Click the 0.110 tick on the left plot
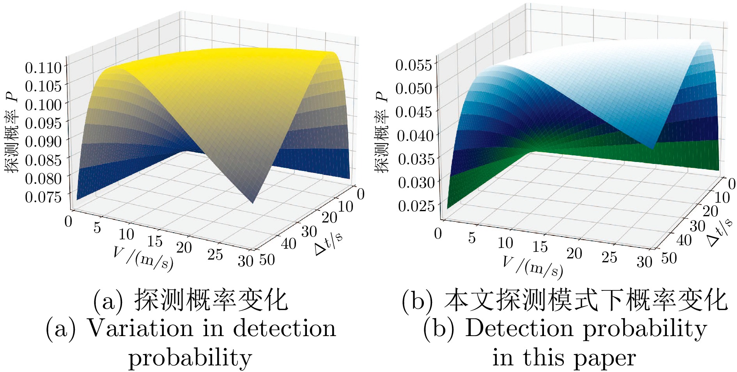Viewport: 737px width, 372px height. pyautogui.click(x=44, y=68)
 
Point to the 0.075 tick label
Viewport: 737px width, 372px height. pyautogui.click(x=44, y=197)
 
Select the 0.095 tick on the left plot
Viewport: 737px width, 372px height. pyautogui.click(x=44, y=123)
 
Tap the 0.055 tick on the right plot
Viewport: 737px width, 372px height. pyautogui.click(x=414, y=65)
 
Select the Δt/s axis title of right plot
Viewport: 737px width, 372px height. pyautogui.click(x=720, y=233)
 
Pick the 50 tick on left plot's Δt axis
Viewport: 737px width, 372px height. pyautogui.click(x=267, y=260)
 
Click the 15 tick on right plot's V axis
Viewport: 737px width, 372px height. pyautogui.click(x=540, y=247)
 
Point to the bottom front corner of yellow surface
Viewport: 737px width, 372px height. pyautogui.click(x=253, y=203)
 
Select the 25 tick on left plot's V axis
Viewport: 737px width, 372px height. pyautogui.click(x=215, y=255)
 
